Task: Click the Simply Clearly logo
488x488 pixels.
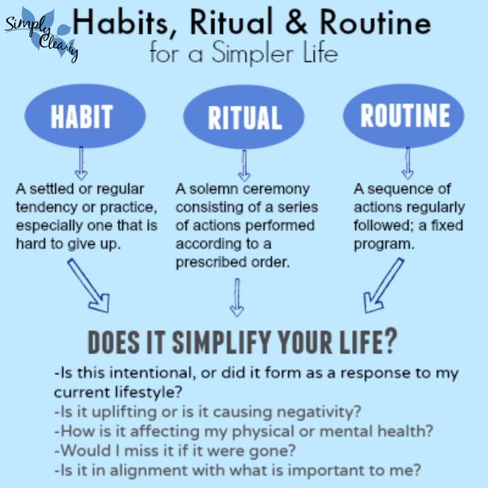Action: [41, 34]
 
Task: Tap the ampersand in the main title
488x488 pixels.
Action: [296, 22]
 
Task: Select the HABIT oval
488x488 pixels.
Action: [85, 116]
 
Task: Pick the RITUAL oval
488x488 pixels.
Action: [244, 117]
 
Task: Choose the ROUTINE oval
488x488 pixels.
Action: [404, 115]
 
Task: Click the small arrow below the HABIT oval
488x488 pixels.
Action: [81, 163]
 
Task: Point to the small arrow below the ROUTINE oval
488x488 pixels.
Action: [407, 163]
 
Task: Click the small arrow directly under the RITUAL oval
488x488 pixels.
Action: [245, 165]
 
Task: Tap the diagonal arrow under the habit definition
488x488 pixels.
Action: [89, 285]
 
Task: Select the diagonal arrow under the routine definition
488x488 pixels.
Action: [384, 285]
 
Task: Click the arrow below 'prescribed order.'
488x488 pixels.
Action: [237, 298]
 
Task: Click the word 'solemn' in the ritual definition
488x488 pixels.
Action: [215, 189]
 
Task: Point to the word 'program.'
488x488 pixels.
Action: [384, 245]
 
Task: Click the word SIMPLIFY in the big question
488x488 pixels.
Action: [221, 342]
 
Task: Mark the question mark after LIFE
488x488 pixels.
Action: [390, 340]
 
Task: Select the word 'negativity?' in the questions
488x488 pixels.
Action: [319, 412]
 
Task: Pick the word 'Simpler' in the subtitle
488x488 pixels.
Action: [253, 53]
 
